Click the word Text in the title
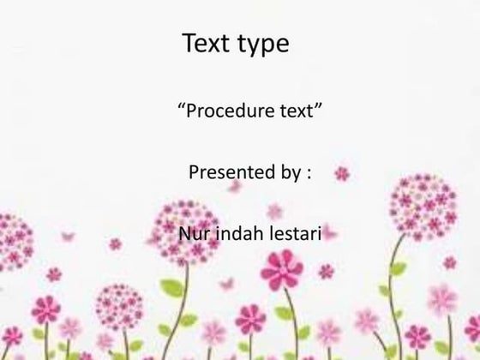click(207, 44)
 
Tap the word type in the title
click(263, 45)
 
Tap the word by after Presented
click(287, 174)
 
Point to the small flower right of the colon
click(342, 173)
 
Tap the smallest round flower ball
click(119, 308)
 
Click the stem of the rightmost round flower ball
click(397, 283)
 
